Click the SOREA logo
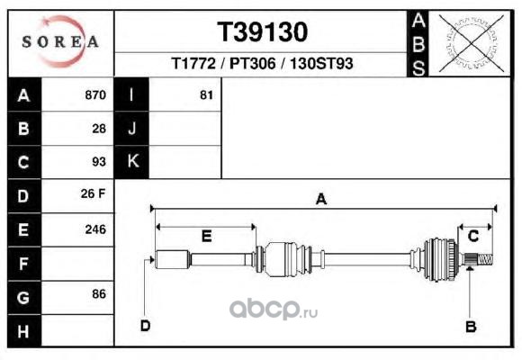(x=60, y=42)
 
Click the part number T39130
(x=262, y=32)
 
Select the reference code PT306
(x=253, y=63)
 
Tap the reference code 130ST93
(x=321, y=63)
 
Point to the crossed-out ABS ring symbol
(x=471, y=43)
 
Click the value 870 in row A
(x=95, y=94)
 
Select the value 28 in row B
(x=99, y=129)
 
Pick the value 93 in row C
(x=99, y=162)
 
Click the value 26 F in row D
(x=93, y=193)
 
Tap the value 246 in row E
(x=95, y=229)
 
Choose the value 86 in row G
(x=99, y=294)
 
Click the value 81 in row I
(x=206, y=95)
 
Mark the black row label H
(x=24, y=331)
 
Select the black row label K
(x=131, y=161)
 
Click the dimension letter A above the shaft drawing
(x=321, y=199)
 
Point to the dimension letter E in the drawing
(x=207, y=237)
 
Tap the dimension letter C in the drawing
(x=473, y=236)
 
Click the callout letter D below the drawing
(x=146, y=326)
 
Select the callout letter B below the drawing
(x=471, y=327)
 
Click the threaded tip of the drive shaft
(x=486, y=259)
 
